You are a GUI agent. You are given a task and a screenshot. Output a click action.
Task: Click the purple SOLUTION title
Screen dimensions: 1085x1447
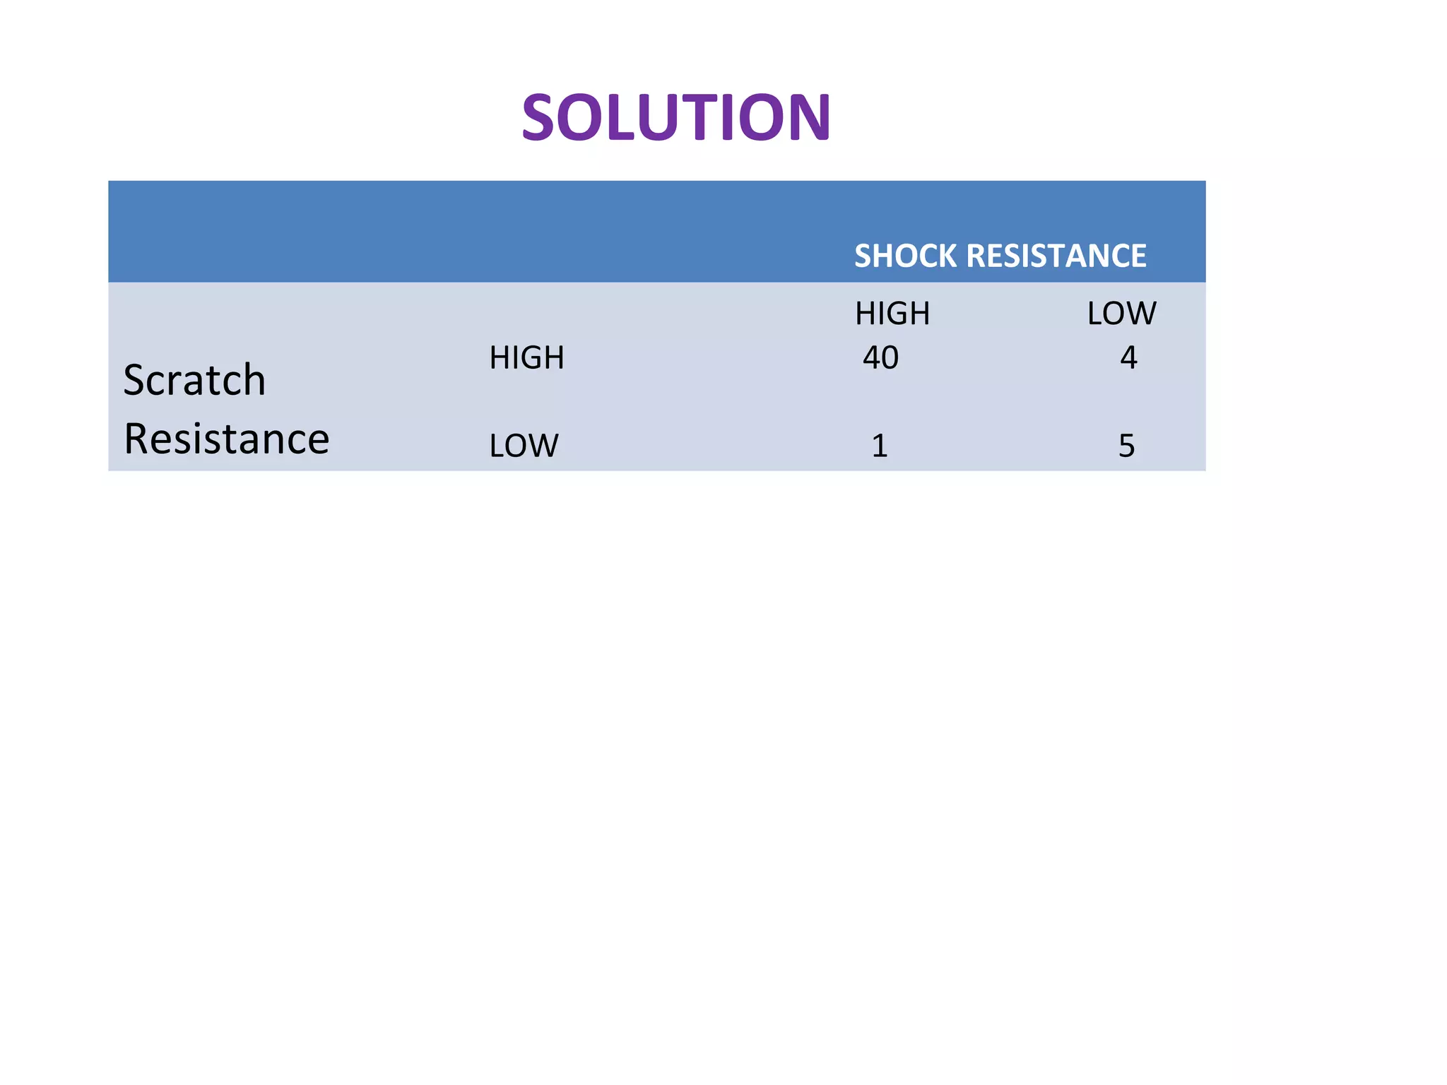[x=676, y=117]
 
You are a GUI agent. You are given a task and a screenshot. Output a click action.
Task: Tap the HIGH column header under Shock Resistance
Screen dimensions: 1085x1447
[x=892, y=314]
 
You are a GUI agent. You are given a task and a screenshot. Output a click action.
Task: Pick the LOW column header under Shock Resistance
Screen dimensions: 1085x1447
[x=1121, y=314]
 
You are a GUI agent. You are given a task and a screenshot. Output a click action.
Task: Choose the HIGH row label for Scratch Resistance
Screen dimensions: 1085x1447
[x=526, y=358]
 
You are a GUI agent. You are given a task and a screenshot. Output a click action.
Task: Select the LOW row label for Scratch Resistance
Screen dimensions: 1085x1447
[x=524, y=446]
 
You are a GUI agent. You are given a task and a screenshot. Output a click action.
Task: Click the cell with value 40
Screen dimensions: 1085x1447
[x=880, y=358]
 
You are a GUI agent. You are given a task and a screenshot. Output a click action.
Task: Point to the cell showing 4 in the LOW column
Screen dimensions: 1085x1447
[x=1128, y=358]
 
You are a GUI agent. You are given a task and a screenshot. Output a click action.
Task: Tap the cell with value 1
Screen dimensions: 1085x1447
[x=880, y=446]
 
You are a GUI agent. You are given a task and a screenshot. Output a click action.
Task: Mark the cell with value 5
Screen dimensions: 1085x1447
[x=1126, y=446]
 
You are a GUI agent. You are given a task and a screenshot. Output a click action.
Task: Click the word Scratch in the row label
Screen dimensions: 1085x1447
[x=194, y=380]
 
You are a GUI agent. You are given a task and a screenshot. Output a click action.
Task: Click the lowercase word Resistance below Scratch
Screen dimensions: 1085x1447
[x=226, y=439]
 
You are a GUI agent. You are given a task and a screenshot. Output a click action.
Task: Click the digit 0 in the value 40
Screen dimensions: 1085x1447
[x=890, y=358]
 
